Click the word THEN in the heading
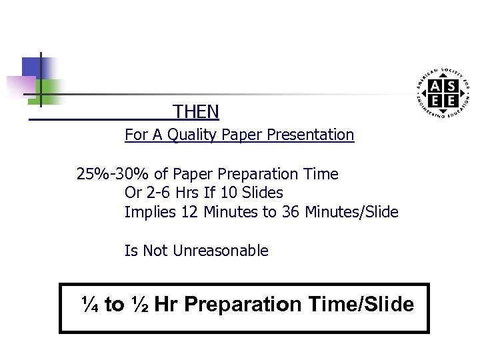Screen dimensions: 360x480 tap(195, 111)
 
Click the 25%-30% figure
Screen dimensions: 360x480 tap(113, 175)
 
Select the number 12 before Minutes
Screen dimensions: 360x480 tap(189, 213)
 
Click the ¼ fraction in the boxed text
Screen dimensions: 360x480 tap(91, 305)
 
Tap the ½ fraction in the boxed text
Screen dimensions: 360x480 tap(140, 305)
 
